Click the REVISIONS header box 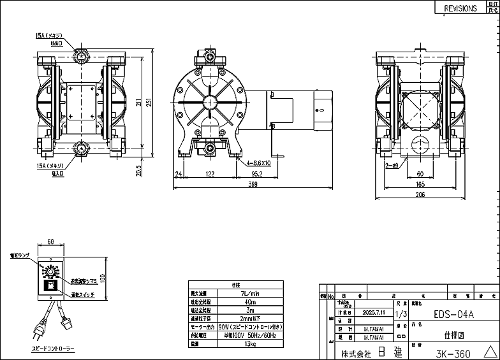[x=460, y=8]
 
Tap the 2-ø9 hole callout [x=392, y=165]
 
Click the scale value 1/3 [x=401, y=314]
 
